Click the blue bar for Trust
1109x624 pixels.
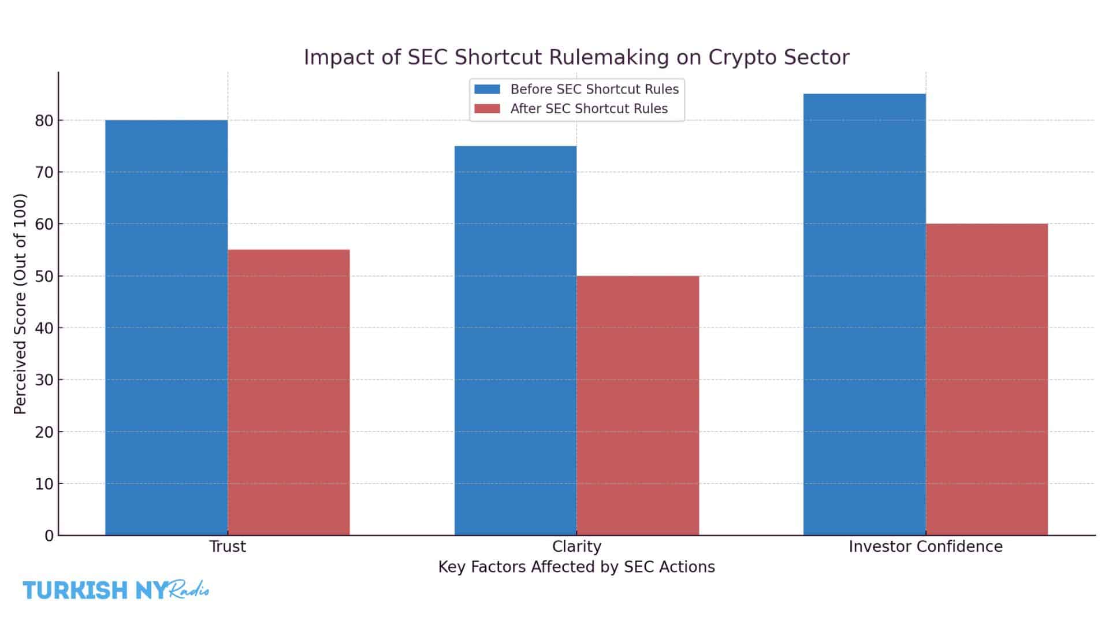pos(166,327)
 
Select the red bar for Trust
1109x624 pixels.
pos(288,392)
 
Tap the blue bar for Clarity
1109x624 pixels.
pos(515,340)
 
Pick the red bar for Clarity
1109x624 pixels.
pos(638,405)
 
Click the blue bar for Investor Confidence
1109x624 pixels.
pos(864,314)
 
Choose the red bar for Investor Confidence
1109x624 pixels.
pos(987,379)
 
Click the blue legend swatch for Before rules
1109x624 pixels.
pos(487,89)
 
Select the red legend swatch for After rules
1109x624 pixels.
pos(487,109)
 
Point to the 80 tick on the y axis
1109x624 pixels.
pos(44,121)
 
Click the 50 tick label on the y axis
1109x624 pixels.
pos(44,276)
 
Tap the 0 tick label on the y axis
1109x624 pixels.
pos(49,536)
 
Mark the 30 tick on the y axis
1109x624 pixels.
pos(44,380)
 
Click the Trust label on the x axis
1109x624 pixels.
pos(228,547)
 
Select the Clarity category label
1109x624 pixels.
pos(576,547)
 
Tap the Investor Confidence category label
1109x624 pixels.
pos(925,547)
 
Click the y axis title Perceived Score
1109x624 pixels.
pos(20,304)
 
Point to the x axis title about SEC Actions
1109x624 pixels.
pos(576,567)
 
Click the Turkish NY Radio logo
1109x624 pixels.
pos(116,590)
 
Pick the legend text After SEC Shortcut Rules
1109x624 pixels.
pos(589,109)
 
